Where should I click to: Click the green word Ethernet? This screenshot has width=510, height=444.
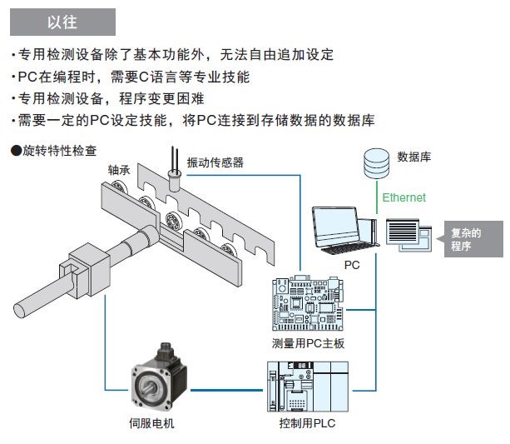coord(404,197)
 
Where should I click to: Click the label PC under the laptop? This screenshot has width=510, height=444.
coord(352,265)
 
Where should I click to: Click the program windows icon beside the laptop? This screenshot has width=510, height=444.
coord(411,234)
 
